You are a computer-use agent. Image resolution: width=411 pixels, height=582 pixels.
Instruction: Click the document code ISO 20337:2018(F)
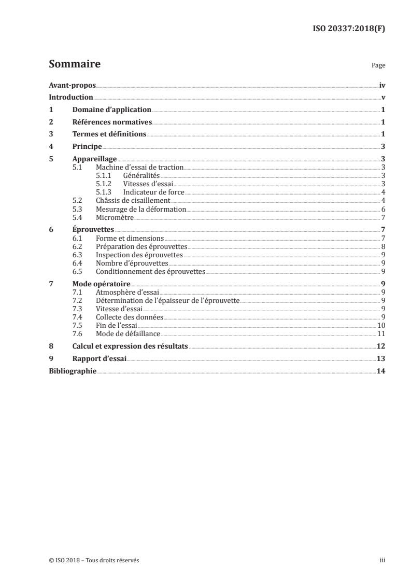[x=350, y=29]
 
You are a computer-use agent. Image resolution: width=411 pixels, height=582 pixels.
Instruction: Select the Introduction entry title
[x=71, y=98]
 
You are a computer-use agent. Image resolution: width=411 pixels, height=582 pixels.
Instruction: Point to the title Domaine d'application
[x=112, y=110]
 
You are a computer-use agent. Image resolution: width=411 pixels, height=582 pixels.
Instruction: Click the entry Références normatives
[x=112, y=122]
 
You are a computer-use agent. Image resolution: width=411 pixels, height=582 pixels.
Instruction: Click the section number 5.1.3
[x=104, y=192]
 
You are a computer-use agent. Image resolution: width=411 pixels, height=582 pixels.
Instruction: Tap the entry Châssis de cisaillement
[x=133, y=200]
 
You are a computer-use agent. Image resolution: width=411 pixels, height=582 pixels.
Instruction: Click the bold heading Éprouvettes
[x=93, y=229]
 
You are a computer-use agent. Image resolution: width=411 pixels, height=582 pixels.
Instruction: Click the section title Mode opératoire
[x=101, y=284]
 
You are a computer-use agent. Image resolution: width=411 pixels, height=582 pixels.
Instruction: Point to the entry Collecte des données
[x=130, y=317]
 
